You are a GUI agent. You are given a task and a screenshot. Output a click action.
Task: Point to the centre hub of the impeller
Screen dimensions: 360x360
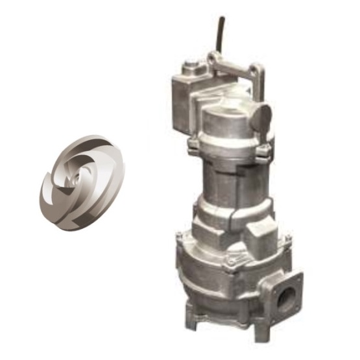click(x=80, y=174)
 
